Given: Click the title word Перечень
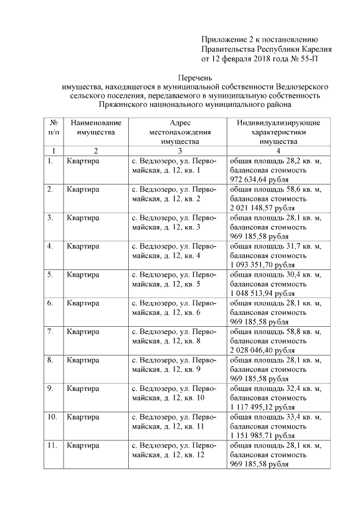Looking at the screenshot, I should click(x=195, y=77).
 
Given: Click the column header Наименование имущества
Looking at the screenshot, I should click(x=92, y=127).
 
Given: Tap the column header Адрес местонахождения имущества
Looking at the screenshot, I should click(x=179, y=132).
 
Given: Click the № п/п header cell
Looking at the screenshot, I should click(x=53, y=127).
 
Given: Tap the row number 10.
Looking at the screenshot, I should click(x=52, y=417).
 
